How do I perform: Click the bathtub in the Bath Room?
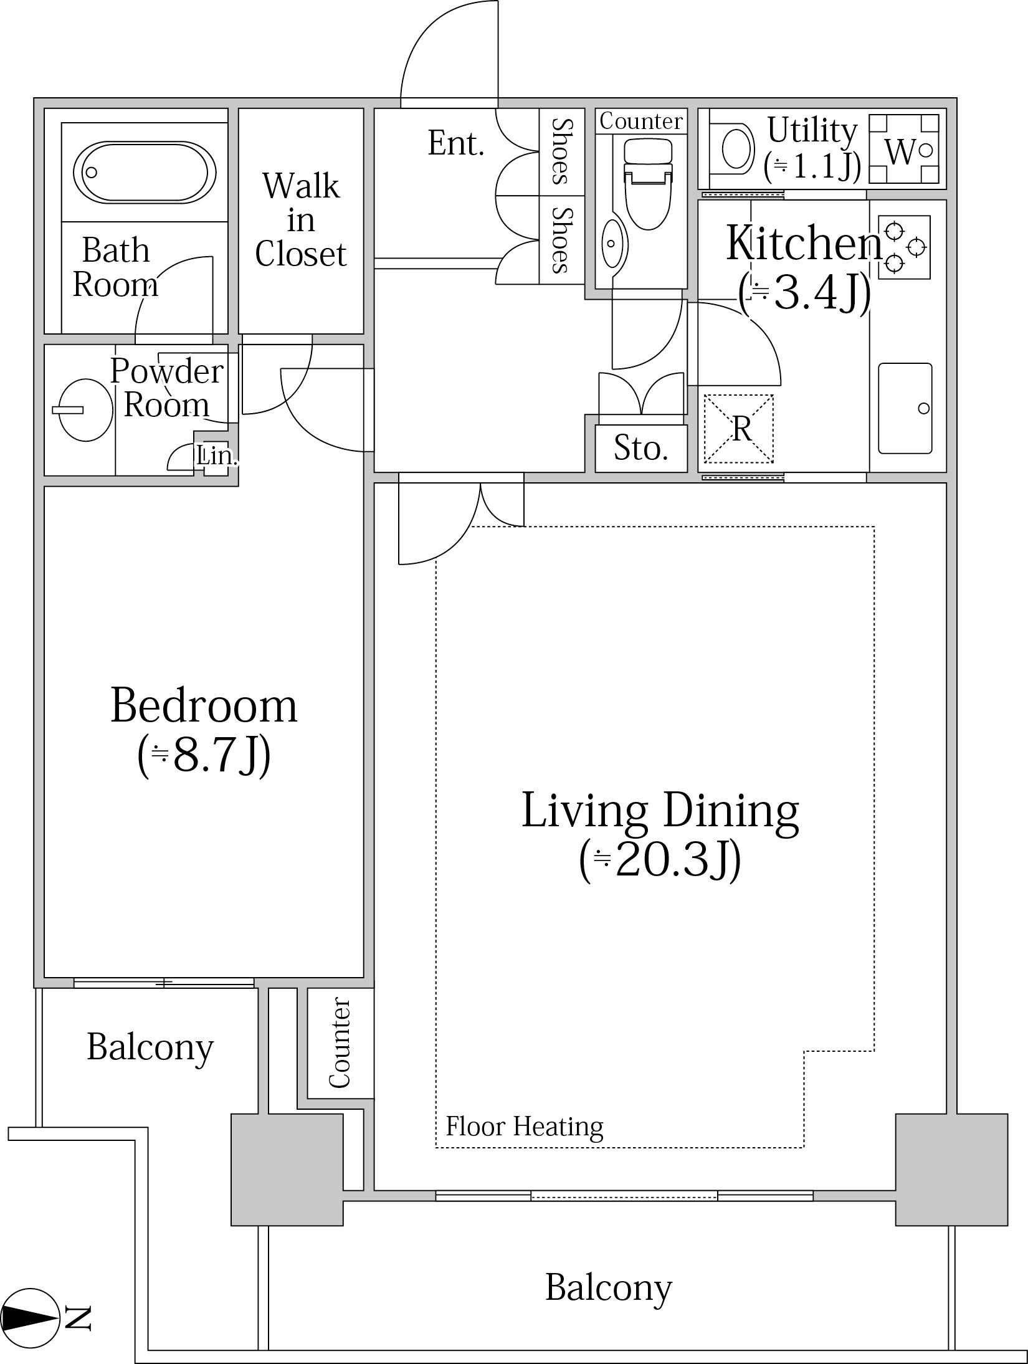click(x=145, y=172)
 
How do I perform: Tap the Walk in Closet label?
click(x=301, y=220)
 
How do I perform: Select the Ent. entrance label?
click(x=456, y=143)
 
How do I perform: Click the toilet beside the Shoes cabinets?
click(x=648, y=183)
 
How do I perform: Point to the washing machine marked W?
click(x=904, y=149)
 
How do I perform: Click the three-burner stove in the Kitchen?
click(x=904, y=247)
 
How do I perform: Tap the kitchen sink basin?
click(x=905, y=408)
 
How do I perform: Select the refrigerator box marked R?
click(x=739, y=429)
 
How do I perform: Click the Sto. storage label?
click(x=641, y=447)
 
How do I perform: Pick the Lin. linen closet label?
click(x=217, y=456)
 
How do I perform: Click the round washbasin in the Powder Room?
click(x=85, y=410)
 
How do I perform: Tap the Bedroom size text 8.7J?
click(x=204, y=755)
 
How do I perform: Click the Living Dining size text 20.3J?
click(x=660, y=860)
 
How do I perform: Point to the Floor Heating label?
click(x=525, y=1127)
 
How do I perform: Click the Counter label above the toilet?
click(x=641, y=121)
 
